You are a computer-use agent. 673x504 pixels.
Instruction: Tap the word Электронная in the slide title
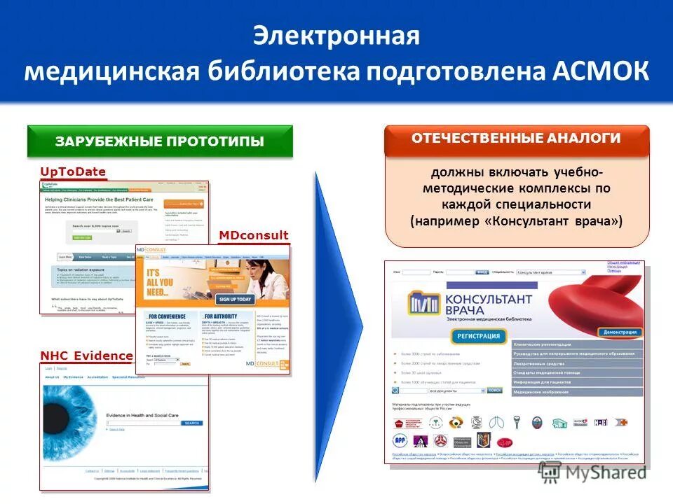336,36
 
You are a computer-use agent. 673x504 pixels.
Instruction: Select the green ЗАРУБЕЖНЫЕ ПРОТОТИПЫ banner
160,141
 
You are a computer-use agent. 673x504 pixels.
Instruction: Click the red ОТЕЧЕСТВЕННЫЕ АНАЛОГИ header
517,139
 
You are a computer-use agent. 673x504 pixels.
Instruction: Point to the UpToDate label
73,172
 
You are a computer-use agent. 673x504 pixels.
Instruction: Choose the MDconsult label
254,235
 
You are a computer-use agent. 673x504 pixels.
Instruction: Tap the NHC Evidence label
86,356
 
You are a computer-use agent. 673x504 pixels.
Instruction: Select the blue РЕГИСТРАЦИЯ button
479,337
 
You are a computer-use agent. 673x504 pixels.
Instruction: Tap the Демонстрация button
620,332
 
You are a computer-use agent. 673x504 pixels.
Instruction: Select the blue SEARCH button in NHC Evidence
192,423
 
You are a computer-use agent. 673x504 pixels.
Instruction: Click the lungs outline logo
496,422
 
